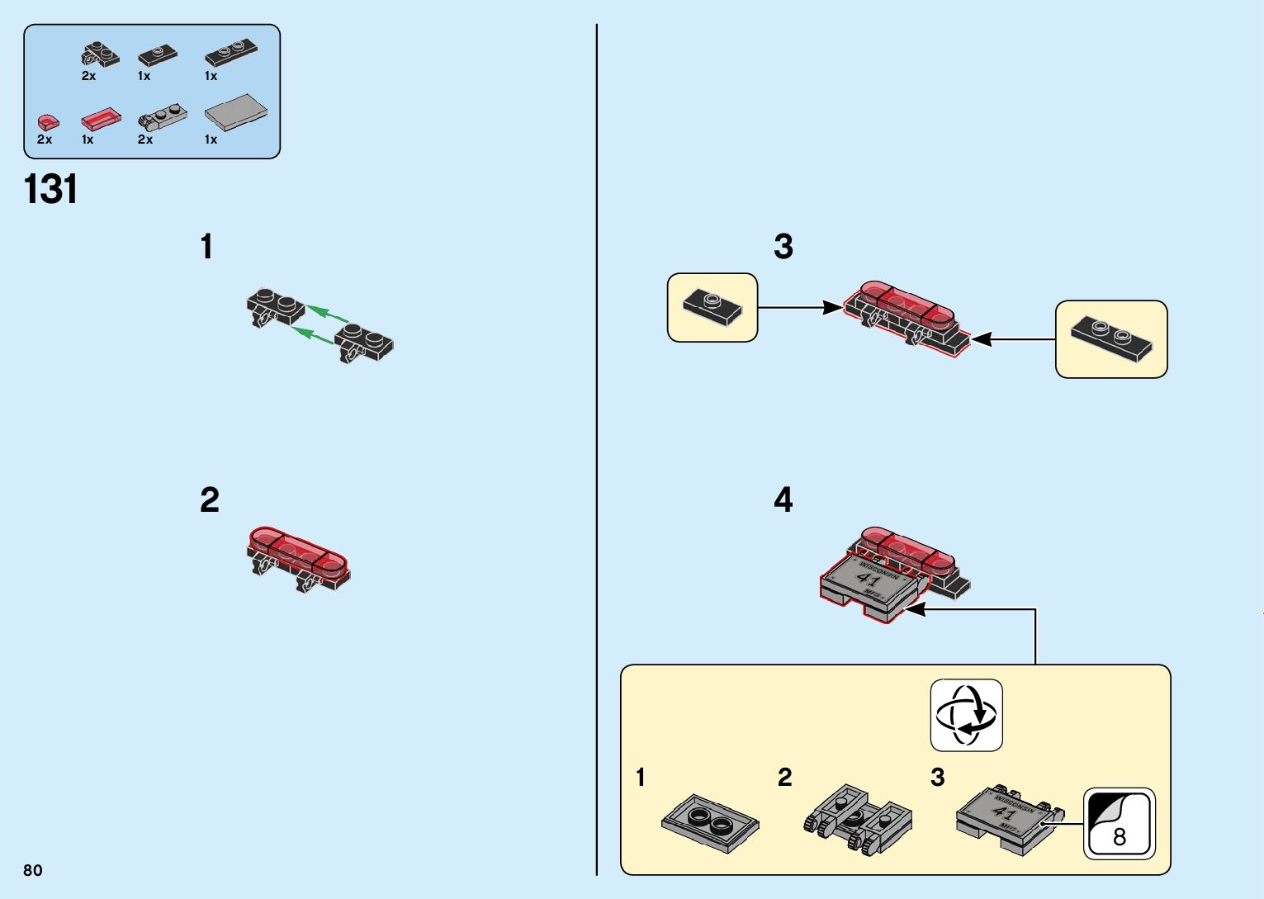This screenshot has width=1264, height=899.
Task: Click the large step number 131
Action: click(51, 189)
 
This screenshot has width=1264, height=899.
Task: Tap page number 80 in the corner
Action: click(33, 870)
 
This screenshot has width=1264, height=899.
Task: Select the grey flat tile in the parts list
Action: click(236, 112)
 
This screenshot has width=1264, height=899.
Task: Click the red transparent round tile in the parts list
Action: click(48, 123)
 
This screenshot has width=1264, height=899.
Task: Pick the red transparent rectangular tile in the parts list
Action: click(102, 120)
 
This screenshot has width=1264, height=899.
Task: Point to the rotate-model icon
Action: click(966, 715)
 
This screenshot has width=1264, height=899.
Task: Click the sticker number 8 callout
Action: click(1120, 824)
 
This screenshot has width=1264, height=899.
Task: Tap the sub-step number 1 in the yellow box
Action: click(641, 777)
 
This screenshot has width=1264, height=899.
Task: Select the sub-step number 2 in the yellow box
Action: click(784, 777)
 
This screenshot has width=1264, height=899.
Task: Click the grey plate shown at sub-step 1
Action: click(710, 823)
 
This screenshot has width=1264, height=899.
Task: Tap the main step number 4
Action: click(783, 499)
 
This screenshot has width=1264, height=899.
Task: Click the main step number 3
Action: click(783, 246)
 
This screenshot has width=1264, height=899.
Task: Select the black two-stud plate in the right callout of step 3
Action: click(1111, 338)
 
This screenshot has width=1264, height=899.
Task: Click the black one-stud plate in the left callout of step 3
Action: click(712, 305)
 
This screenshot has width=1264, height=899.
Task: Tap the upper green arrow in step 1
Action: click(327, 314)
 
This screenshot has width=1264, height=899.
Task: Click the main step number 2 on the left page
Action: click(210, 500)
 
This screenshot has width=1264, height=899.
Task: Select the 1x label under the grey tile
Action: click(211, 140)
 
